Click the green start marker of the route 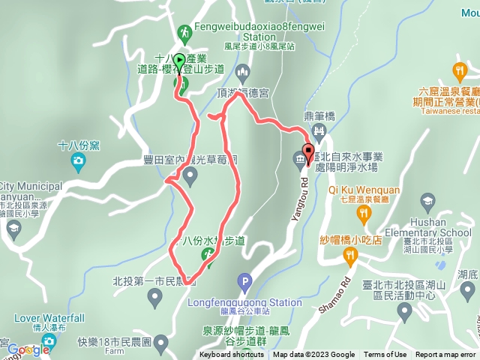coord(180,61)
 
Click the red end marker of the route coord(307,149)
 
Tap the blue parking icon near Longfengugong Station coord(243,283)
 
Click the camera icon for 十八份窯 coord(78,160)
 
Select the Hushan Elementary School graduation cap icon coord(427,200)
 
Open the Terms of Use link coord(385,355)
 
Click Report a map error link coord(445,355)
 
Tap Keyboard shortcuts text coord(232,355)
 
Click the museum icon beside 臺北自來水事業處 coord(299,159)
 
